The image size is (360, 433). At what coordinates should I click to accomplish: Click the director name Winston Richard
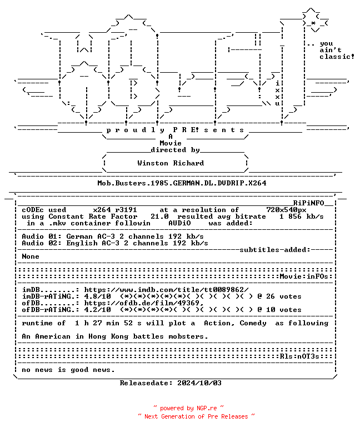[x=171, y=163]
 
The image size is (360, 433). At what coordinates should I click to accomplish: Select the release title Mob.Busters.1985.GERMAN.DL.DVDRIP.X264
[x=182, y=183]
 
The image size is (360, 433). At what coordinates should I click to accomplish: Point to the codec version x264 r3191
[x=115, y=210]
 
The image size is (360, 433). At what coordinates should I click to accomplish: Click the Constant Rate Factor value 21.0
[x=159, y=216]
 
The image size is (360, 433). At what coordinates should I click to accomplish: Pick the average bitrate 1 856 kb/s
[x=302, y=216]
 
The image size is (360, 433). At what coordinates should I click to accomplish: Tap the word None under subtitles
[x=31, y=256]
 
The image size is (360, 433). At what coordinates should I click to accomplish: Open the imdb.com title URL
[x=166, y=290]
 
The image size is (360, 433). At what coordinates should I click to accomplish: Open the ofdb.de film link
[x=144, y=303]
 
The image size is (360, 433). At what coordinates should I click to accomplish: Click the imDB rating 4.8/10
[x=97, y=296]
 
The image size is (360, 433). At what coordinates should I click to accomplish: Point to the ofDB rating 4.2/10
[x=97, y=310]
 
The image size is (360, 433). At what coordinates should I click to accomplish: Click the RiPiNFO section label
[x=308, y=203]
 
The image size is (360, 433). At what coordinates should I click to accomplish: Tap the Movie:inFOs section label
[x=304, y=276]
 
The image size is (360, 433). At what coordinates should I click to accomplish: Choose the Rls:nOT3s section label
[x=299, y=356]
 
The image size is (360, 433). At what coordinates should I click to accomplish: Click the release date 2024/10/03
[x=199, y=383]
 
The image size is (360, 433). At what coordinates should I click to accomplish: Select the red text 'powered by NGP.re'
[x=188, y=408]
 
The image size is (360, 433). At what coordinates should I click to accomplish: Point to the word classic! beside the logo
[x=337, y=57]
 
